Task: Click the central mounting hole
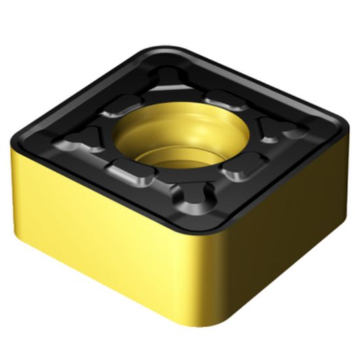click(171, 135)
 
